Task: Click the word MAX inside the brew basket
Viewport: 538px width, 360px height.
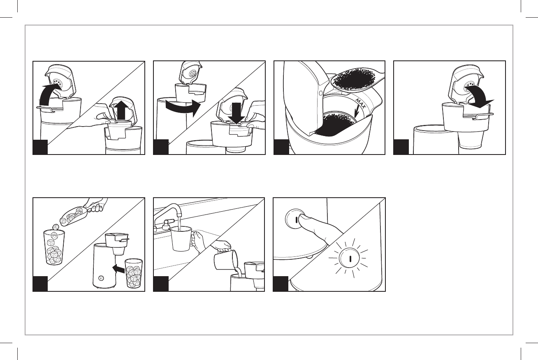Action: point(360,104)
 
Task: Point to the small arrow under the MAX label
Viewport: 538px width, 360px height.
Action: point(357,112)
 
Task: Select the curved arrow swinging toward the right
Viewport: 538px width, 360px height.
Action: point(183,107)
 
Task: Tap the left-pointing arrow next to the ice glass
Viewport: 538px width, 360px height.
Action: point(118,268)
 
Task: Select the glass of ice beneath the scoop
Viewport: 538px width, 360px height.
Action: point(54,247)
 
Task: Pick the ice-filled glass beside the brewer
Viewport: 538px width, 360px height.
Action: point(134,273)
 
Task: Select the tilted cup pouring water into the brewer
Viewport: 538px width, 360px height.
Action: point(226,259)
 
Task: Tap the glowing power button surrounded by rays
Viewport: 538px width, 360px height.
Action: point(350,258)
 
